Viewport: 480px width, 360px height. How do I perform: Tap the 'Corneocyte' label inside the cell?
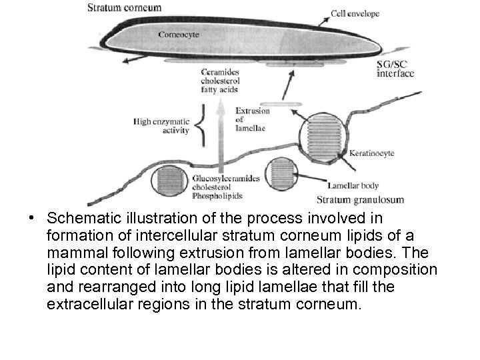pyautogui.click(x=178, y=34)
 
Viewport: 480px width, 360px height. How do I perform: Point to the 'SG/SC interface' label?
pyautogui.click(x=395, y=68)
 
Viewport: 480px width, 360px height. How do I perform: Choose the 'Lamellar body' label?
pyautogui.click(x=353, y=186)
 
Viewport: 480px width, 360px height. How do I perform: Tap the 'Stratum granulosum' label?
pyautogui.click(x=360, y=199)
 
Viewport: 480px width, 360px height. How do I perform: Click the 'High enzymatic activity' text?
pyautogui.click(x=161, y=126)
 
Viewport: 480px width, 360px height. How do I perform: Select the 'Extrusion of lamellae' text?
pyautogui.click(x=252, y=119)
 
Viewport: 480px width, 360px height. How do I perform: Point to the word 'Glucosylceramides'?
pyautogui.click(x=225, y=179)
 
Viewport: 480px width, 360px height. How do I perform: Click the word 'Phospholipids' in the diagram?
pyautogui.click(x=217, y=196)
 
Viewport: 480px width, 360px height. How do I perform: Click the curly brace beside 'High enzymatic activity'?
pyautogui.click(x=203, y=127)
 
